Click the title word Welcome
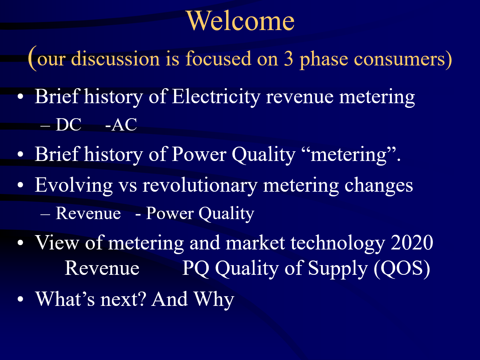pos(241,21)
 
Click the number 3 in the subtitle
pos(289,59)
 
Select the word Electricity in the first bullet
pos(216,97)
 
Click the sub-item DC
pos(68,125)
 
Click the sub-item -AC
pos(121,125)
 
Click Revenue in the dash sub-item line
pos(88,213)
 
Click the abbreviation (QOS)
pos(402,268)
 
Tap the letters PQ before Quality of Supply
pos(196,268)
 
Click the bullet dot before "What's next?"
pos(21,299)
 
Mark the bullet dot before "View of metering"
pos(21,243)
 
